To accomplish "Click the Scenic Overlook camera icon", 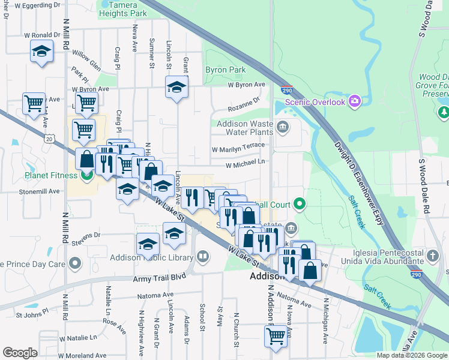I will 355,101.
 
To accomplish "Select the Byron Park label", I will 225,70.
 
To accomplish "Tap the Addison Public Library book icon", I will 203,257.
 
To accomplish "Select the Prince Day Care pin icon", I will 75,263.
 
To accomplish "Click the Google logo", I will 20,353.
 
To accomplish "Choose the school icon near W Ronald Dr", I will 41,52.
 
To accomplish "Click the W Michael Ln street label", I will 245,163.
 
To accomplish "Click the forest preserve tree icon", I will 444,112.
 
